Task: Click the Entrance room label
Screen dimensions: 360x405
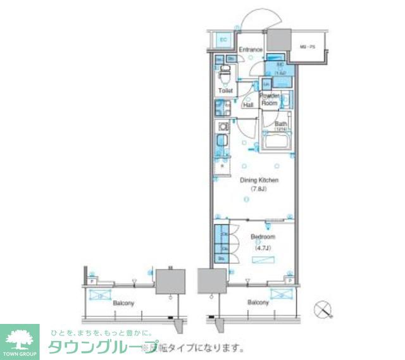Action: (x=251, y=49)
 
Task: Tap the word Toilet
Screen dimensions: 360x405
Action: (x=225, y=90)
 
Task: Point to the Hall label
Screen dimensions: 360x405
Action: (x=249, y=104)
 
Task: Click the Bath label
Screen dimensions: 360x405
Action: (x=280, y=124)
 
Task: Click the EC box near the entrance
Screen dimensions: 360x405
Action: (x=223, y=40)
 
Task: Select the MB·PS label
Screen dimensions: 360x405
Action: (x=307, y=47)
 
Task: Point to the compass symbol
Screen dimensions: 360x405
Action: (x=323, y=309)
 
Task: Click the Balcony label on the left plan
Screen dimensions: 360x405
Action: (x=124, y=303)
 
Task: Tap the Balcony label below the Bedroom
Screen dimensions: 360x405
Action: (x=258, y=302)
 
